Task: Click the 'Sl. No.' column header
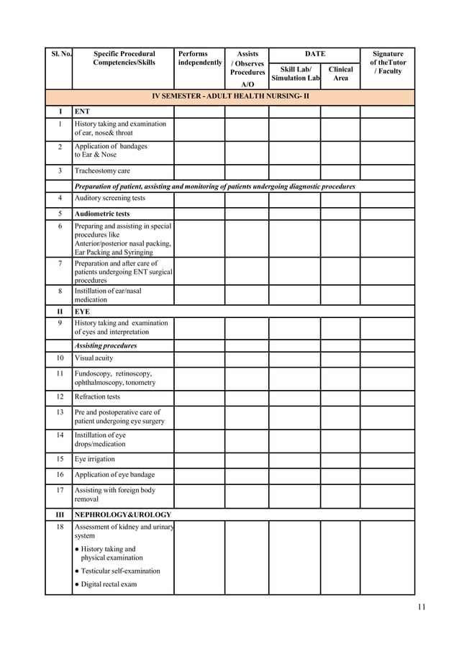(x=59, y=54)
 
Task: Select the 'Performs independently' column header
(x=199, y=58)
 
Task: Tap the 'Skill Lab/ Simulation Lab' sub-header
(x=295, y=73)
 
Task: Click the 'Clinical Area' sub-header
(x=340, y=73)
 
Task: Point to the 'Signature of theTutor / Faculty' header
(x=388, y=63)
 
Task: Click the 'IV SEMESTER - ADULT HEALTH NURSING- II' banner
(x=230, y=96)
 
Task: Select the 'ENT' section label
(x=82, y=112)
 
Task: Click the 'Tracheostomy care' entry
(x=102, y=171)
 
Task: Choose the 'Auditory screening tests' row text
(x=109, y=198)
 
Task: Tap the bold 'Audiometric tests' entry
(x=102, y=214)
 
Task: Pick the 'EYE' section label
(x=82, y=312)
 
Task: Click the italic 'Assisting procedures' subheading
(x=106, y=345)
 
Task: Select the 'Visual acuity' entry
(x=94, y=358)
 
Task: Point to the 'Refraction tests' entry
(x=97, y=396)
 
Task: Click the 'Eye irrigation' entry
(x=94, y=459)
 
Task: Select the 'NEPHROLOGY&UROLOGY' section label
(x=123, y=515)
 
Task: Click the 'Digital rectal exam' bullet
(x=108, y=584)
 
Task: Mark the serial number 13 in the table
(x=59, y=412)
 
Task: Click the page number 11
(x=421, y=607)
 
